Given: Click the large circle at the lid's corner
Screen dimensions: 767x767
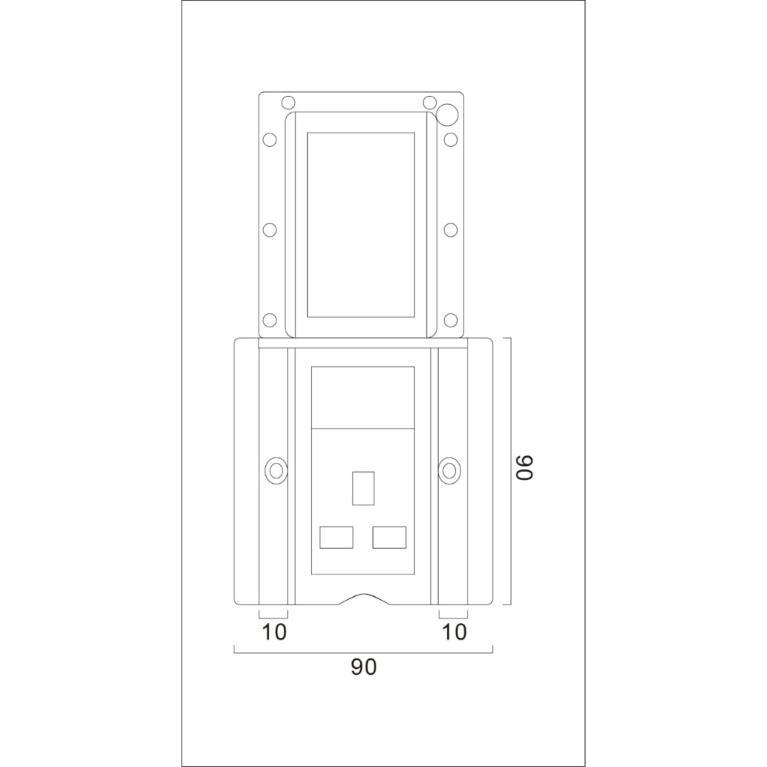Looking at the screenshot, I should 447,114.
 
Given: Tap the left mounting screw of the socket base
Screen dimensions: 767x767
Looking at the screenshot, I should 276,470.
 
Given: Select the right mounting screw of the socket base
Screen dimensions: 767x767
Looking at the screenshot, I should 449,470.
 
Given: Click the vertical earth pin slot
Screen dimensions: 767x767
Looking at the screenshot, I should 363,487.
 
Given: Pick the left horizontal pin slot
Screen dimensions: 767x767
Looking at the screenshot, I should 336,537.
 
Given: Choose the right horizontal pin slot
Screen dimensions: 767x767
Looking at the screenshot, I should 389,537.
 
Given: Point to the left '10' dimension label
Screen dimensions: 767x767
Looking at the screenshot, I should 275,632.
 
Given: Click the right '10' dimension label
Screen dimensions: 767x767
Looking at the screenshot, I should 455,632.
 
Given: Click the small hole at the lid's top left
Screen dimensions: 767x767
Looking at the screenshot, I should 288,103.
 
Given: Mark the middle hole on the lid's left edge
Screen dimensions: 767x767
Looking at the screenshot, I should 270,230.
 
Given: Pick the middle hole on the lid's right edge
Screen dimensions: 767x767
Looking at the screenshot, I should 451,230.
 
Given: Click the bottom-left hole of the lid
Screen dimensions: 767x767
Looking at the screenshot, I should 270,321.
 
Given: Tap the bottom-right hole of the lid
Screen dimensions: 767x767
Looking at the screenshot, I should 451,321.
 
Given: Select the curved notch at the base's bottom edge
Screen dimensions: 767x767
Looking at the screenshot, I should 363,599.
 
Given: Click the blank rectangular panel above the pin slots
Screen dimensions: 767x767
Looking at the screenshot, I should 363,397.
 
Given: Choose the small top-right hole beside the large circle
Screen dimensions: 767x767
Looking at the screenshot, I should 429,103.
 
